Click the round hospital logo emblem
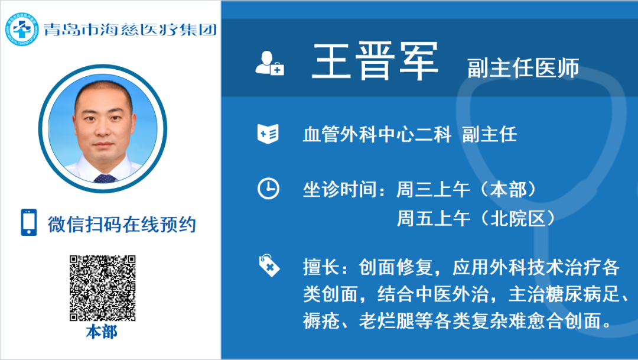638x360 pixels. pyautogui.click(x=22, y=30)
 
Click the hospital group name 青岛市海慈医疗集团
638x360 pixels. pyautogui.click(x=130, y=30)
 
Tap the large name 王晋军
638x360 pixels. pyautogui.click(x=375, y=61)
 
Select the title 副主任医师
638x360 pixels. pyautogui.click(x=523, y=67)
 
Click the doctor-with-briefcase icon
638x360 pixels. pyautogui.click(x=269, y=63)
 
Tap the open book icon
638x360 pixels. pyautogui.click(x=268, y=134)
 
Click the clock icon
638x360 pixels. pyautogui.click(x=269, y=189)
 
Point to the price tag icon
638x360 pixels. pyautogui.click(x=269, y=265)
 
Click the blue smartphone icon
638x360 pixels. pyautogui.click(x=29, y=222)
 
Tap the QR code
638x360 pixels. pyautogui.click(x=103, y=288)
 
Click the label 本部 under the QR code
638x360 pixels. pyautogui.click(x=102, y=332)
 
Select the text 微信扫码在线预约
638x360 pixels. pyautogui.click(x=122, y=225)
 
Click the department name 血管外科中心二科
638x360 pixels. pyautogui.click(x=377, y=134)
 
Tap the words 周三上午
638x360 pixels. pyautogui.click(x=434, y=189)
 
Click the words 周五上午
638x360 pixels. pyautogui.click(x=434, y=219)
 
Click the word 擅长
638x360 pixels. pyautogui.click(x=321, y=267)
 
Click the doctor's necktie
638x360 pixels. pyautogui.click(x=105, y=179)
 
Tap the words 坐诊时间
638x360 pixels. pyautogui.click(x=340, y=189)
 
